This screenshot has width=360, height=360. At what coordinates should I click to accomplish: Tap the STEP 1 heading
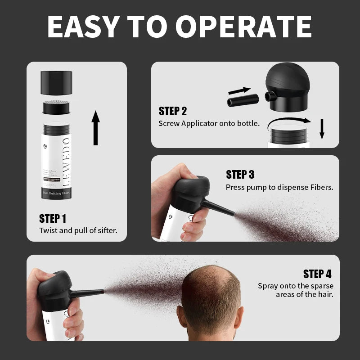pyautogui.click(x=53, y=219)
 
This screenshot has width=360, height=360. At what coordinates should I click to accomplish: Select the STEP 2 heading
pyautogui.click(x=172, y=111)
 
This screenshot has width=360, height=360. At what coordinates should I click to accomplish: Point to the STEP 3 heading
pyautogui.click(x=240, y=175)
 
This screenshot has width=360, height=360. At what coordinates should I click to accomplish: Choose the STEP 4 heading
pyautogui.click(x=317, y=274)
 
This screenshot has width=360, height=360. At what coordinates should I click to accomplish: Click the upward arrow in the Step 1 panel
pyautogui.click(x=95, y=128)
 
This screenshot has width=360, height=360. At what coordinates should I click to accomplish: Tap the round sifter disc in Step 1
pyautogui.click(x=57, y=108)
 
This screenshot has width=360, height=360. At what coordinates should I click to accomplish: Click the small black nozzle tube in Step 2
pyautogui.click(x=242, y=100)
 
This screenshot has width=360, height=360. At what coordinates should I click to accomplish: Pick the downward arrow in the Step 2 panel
pyautogui.click(x=322, y=129)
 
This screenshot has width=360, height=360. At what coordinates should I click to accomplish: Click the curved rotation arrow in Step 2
pyautogui.click(x=288, y=120)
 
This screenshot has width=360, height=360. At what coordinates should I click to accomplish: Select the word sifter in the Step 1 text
pyautogui.click(x=106, y=230)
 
